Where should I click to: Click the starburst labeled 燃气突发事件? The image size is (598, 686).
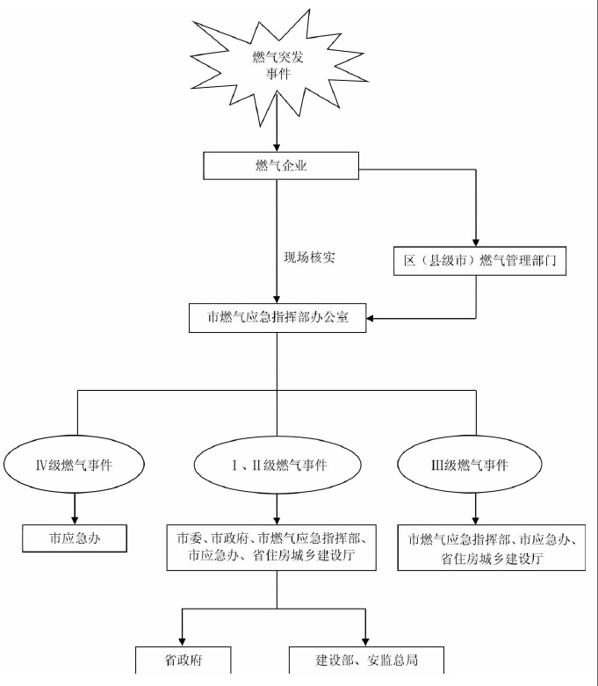coord(277,68)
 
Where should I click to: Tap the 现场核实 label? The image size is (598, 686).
coord(308,257)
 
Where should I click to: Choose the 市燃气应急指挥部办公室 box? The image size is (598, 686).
coord(277,319)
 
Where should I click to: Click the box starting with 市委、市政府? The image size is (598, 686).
coord(277,546)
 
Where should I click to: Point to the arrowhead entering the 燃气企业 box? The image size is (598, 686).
coord(277,147)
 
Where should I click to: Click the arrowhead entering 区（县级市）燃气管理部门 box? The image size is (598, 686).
coord(476,242)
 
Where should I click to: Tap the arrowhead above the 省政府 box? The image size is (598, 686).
coord(183,641)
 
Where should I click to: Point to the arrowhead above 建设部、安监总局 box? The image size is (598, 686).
coord(364,641)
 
